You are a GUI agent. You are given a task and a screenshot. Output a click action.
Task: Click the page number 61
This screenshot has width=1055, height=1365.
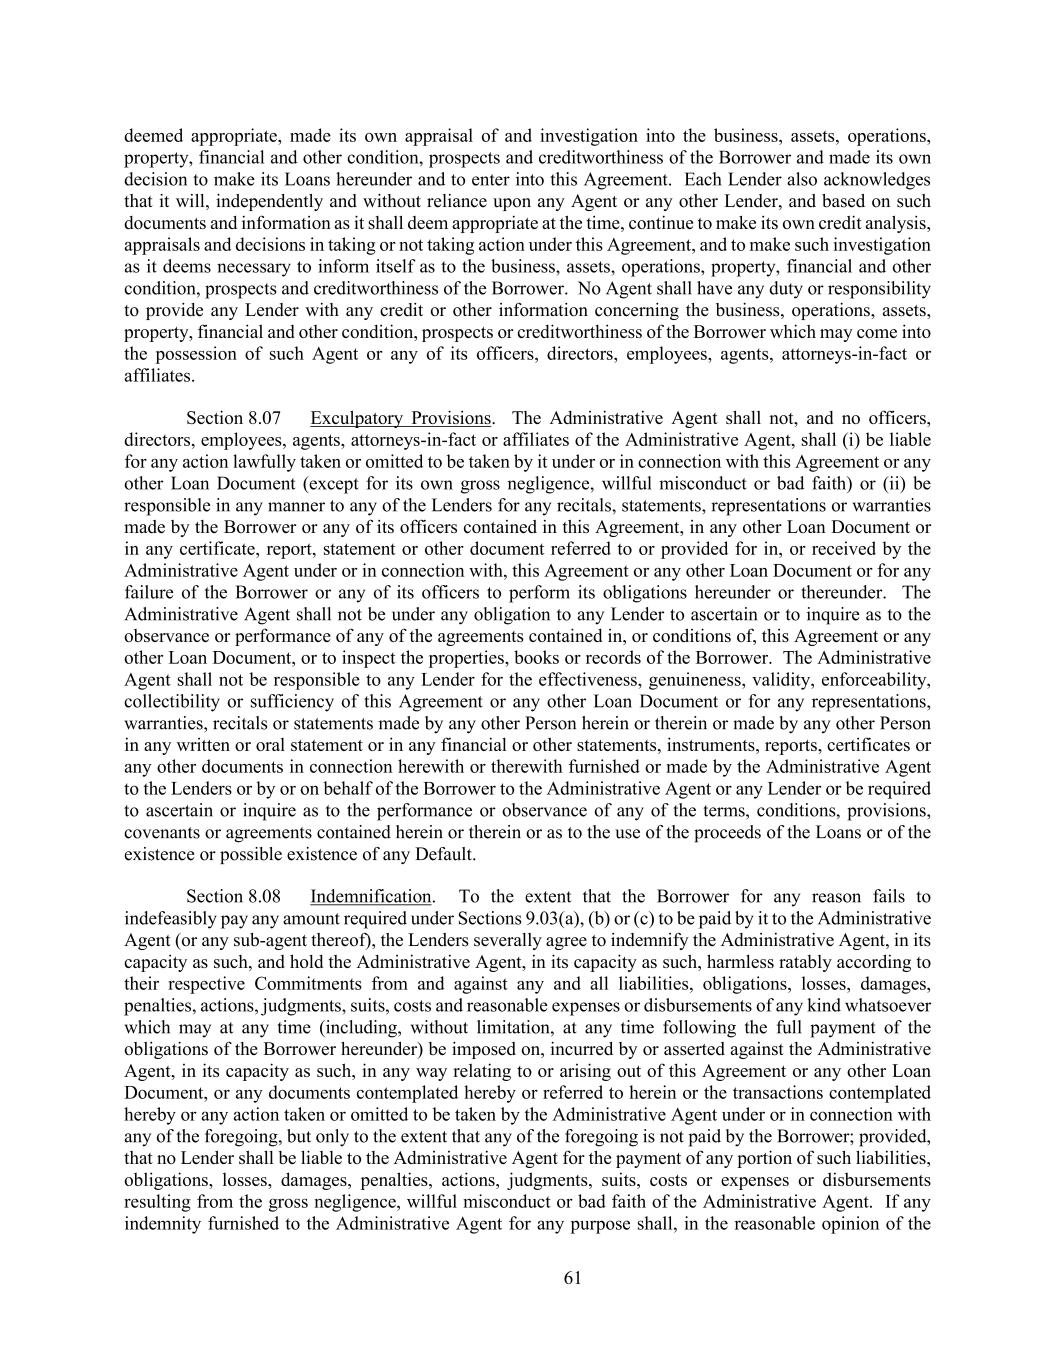click(x=572, y=1277)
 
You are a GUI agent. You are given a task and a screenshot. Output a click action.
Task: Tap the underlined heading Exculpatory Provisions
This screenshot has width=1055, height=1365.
click(x=400, y=418)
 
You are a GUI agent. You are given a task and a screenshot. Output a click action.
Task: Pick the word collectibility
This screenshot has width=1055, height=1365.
click(x=173, y=701)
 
